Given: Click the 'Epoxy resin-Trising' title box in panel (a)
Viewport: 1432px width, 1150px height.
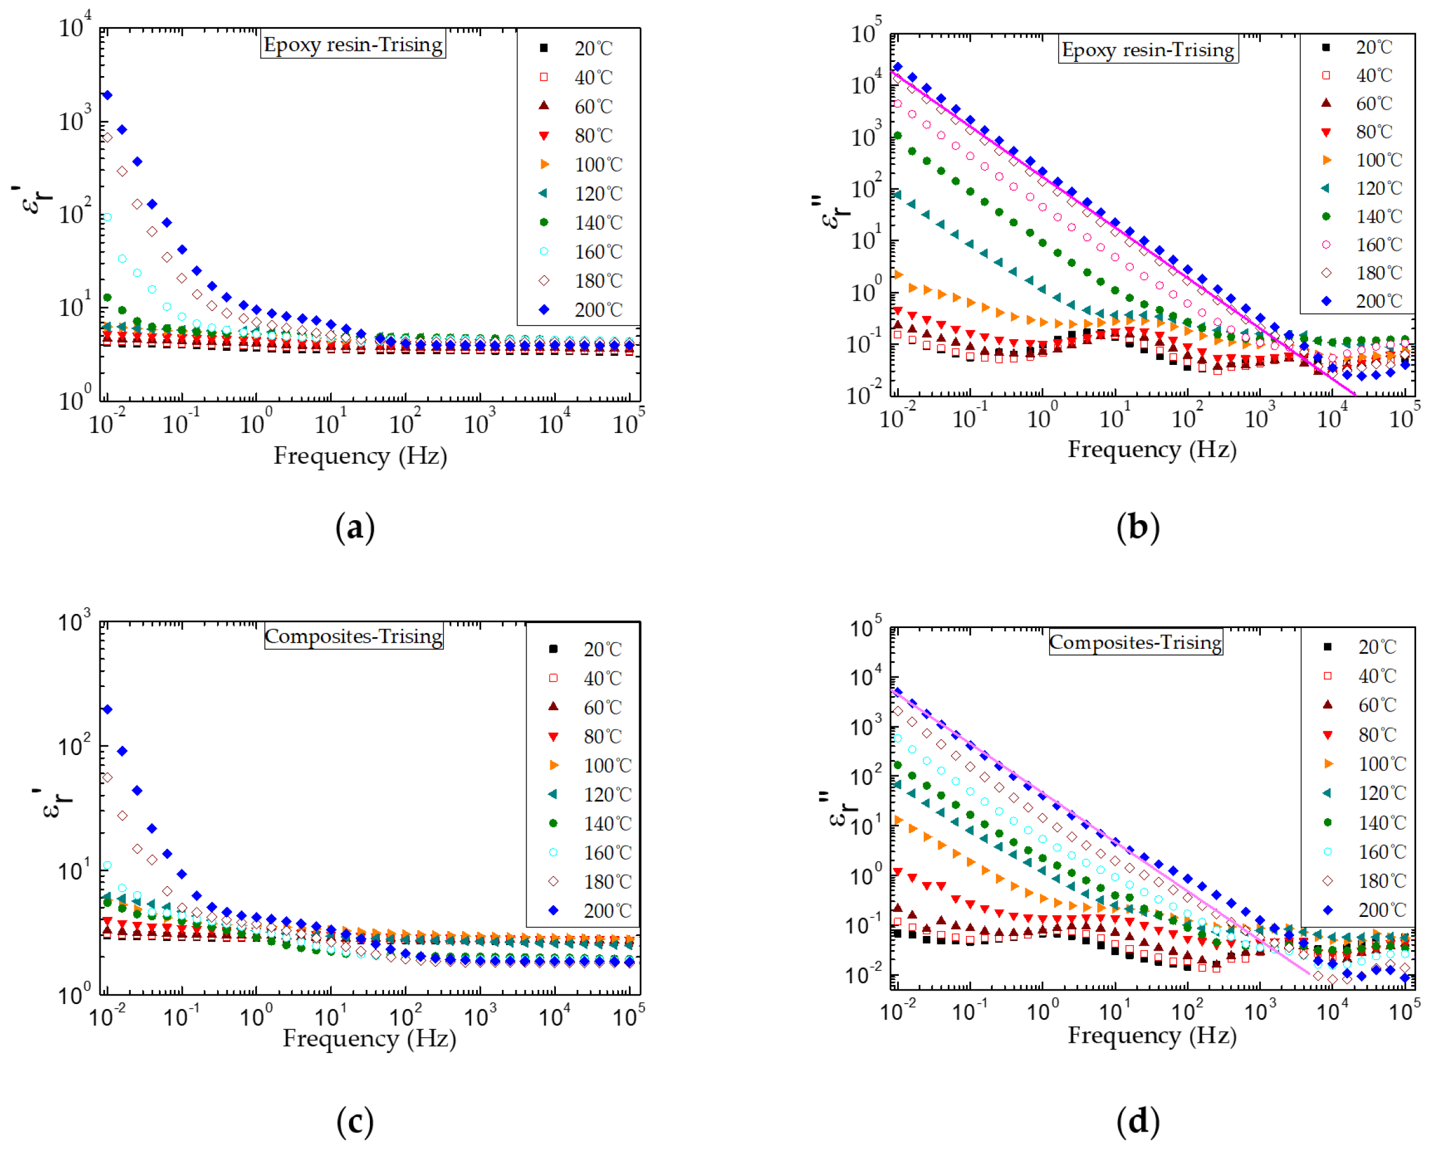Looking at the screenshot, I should tap(353, 45).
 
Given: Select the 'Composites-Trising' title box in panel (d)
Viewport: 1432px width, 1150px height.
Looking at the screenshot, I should tap(1135, 642).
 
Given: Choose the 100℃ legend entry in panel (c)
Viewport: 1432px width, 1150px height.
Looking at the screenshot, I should tap(588, 765).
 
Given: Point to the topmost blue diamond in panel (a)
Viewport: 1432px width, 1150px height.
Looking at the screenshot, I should tap(107, 96).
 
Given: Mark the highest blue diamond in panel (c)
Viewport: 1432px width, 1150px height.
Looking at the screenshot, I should tap(107, 710).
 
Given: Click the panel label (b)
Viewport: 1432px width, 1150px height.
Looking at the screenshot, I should tap(1138, 528).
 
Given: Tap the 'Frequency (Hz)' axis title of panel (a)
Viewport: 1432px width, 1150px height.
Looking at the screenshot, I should tap(361, 456).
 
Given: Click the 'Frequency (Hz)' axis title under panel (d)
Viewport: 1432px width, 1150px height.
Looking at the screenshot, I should tap(1152, 1035).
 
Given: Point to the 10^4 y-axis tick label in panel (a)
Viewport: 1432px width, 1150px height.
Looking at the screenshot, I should tap(74, 26).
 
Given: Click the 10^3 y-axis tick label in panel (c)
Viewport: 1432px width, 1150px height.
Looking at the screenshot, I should tap(74, 621).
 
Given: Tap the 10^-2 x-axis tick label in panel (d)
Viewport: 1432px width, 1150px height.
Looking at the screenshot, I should tap(898, 1011).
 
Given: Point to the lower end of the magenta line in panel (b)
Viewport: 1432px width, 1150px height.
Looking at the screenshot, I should tap(1354, 395).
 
